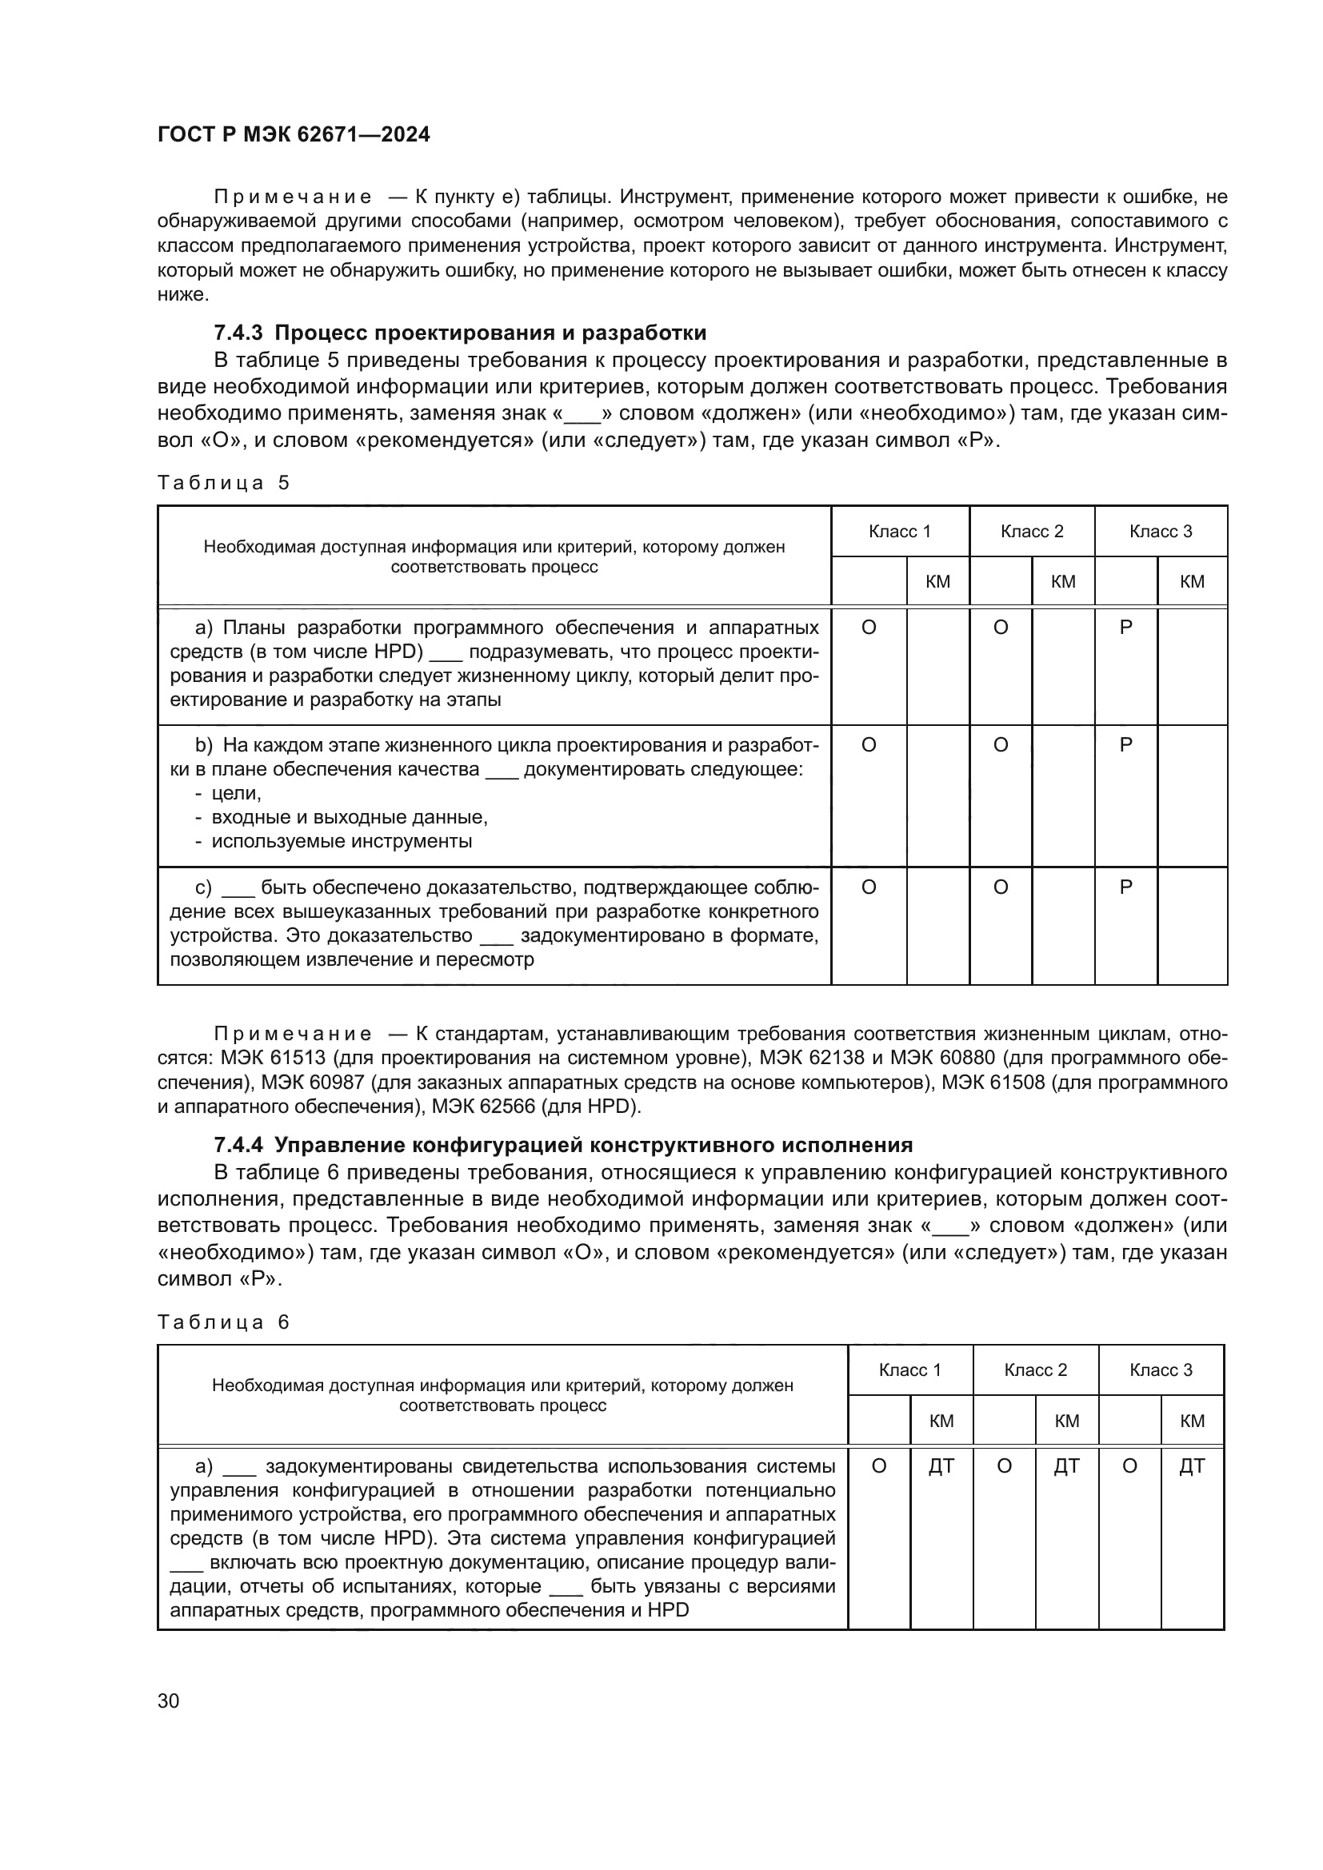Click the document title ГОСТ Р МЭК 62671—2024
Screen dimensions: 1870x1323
tap(294, 135)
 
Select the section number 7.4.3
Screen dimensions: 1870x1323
tap(239, 333)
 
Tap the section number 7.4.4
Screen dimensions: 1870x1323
tap(239, 1145)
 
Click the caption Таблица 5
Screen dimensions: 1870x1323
tap(223, 483)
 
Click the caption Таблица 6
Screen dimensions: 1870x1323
tap(223, 1322)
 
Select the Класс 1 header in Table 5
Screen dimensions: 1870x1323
tap(899, 532)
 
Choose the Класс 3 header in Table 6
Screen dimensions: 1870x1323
tap(1160, 1370)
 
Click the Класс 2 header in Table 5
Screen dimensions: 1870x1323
tap(1031, 532)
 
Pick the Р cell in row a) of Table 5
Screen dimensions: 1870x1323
tap(1126, 628)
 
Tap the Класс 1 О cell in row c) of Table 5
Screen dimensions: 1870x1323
tap(869, 887)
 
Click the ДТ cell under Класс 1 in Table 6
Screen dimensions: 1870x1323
tap(941, 1467)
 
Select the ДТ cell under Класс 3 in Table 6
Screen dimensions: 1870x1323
tap(1192, 1467)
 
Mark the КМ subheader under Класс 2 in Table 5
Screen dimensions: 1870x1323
tap(1063, 581)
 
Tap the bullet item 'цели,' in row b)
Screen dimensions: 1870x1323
tap(236, 793)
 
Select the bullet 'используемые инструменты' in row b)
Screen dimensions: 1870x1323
tap(342, 841)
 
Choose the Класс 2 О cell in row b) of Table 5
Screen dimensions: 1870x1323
tap(1001, 745)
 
